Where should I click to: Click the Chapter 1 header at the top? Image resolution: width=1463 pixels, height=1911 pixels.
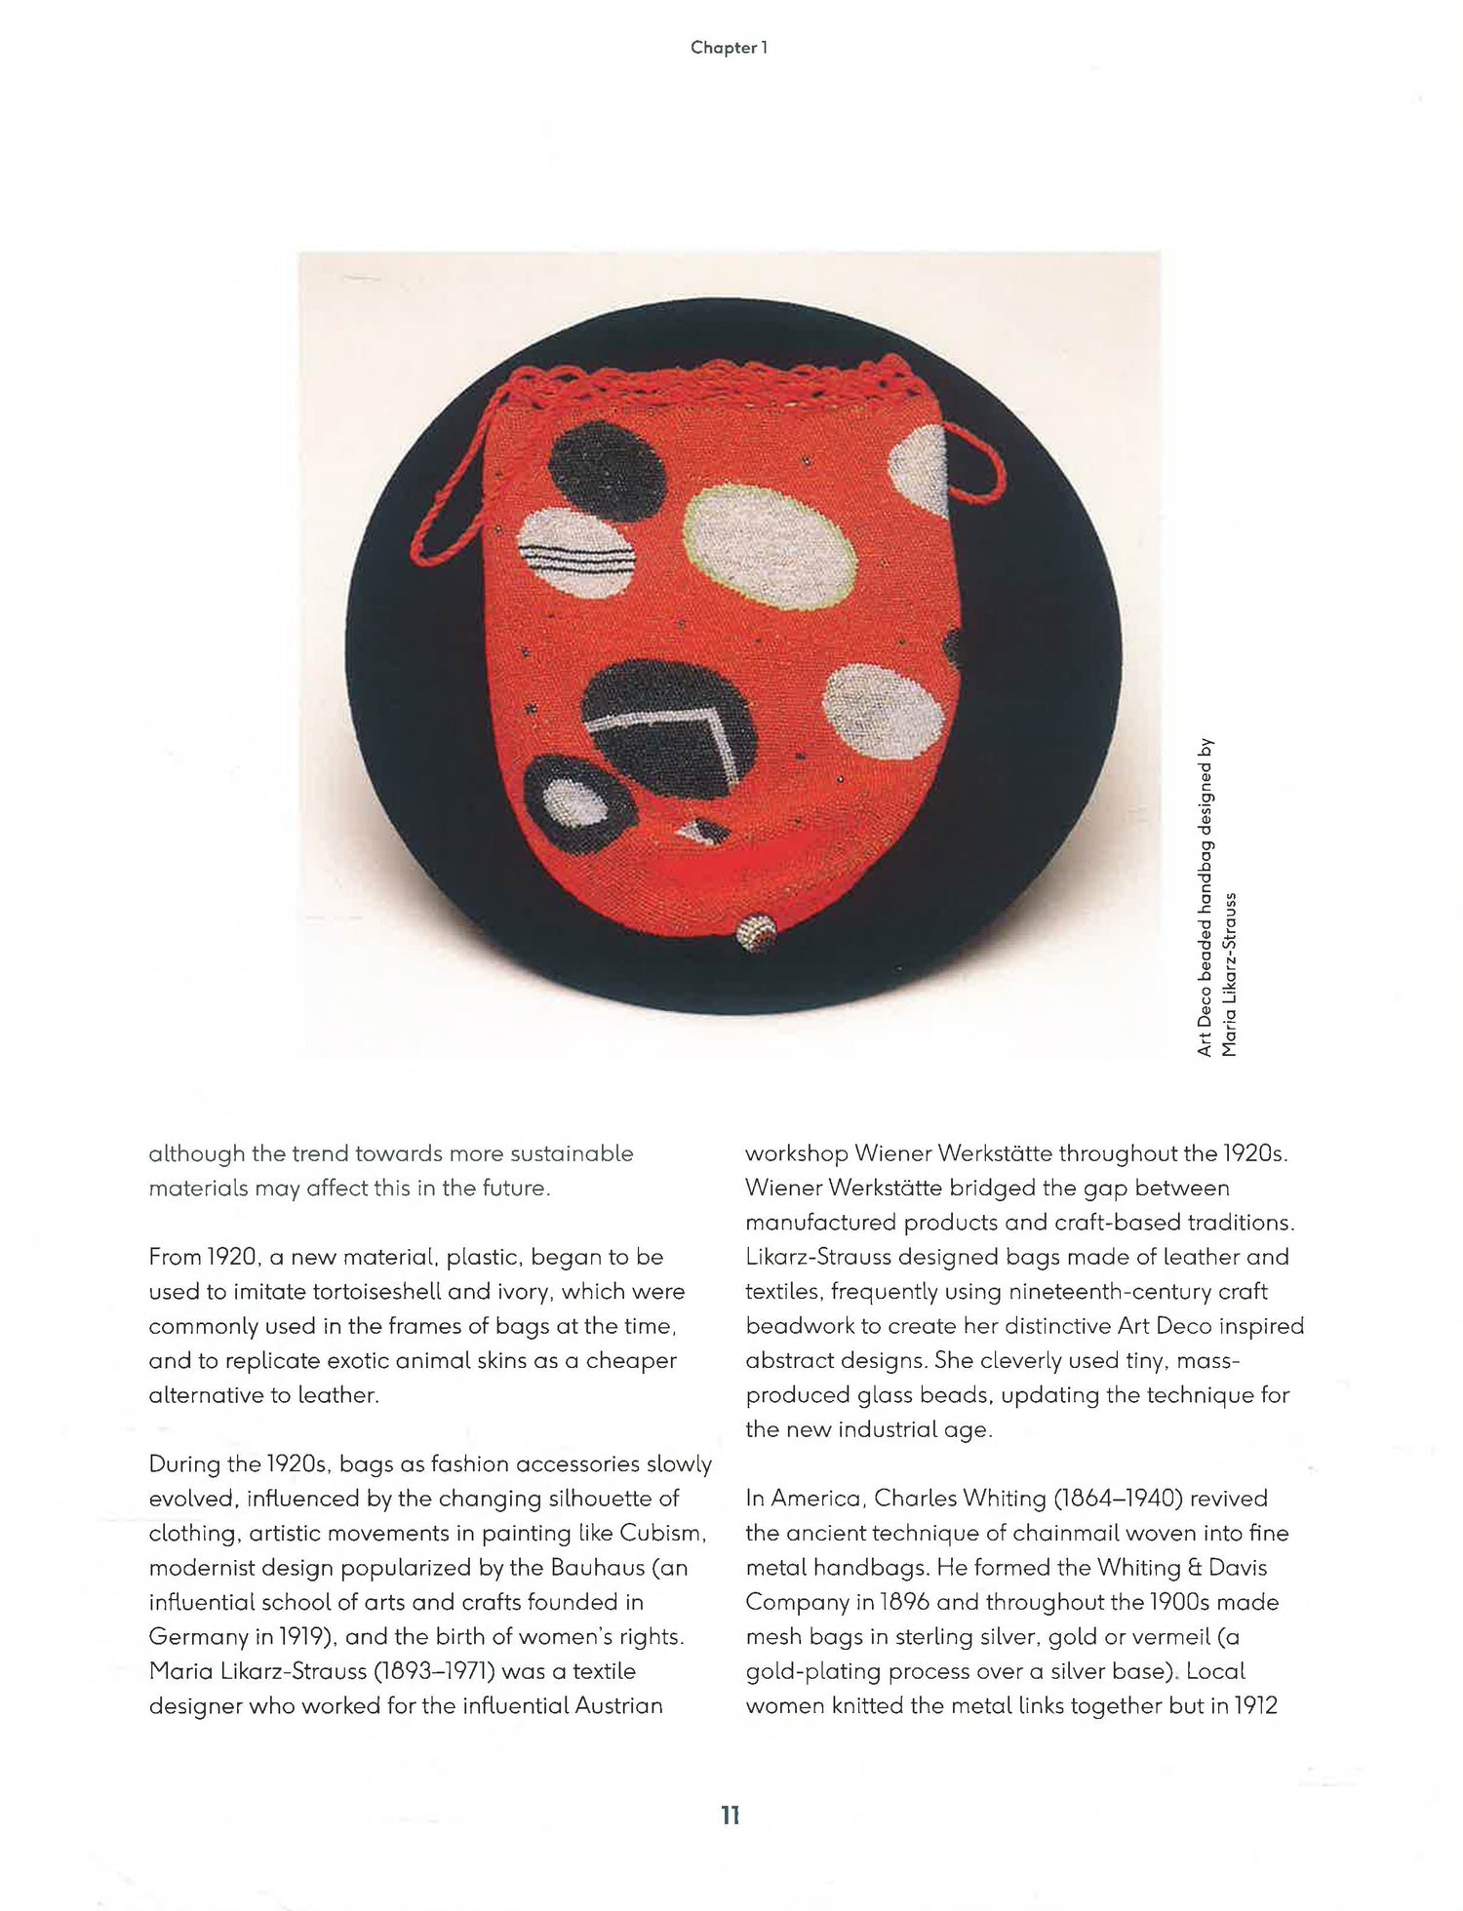(730, 48)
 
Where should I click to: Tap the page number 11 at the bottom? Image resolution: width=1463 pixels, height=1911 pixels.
(731, 1815)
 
